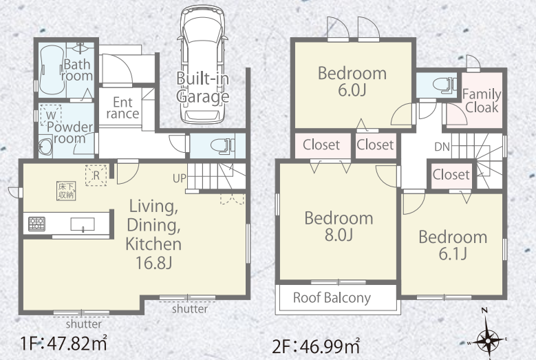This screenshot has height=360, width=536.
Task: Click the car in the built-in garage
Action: coord(202,64)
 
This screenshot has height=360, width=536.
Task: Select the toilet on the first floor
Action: coord(223,146)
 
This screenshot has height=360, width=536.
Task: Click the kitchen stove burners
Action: coord(36,224)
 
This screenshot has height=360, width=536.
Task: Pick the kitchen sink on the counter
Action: coord(83,224)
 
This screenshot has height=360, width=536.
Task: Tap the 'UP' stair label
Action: coord(180,178)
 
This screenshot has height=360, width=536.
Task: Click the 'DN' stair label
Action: coord(442,147)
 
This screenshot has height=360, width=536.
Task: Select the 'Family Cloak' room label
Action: coord(482,100)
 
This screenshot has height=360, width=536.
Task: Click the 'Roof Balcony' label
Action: coord(332,298)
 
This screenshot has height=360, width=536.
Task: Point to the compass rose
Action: coord(488,339)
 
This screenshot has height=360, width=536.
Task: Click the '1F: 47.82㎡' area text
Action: coord(64,343)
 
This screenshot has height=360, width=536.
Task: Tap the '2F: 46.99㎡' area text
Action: coord(316,346)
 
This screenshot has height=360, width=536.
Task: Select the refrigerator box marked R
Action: coord(96,176)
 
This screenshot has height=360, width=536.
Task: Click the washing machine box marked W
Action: coord(51,116)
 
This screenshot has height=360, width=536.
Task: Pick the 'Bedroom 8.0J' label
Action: coord(339,226)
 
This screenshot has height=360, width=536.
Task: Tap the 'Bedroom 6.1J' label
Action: coord(453,245)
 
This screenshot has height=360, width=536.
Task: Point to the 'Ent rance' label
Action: coord(122,107)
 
